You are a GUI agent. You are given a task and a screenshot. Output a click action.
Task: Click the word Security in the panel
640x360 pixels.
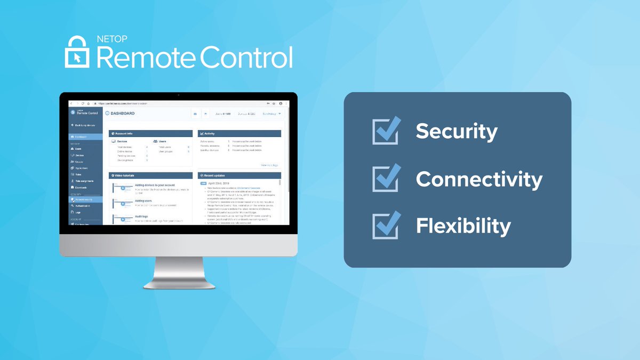click(x=457, y=131)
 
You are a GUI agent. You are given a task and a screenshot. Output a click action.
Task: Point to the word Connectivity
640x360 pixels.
click(x=479, y=179)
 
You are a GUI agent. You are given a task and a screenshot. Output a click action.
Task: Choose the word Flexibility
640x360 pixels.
click(x=463, y=226)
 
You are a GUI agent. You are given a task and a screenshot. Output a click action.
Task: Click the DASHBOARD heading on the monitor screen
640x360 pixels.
click(x=122, y=114)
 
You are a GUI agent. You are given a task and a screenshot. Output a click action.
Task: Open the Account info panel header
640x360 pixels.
click(x=124, y=133)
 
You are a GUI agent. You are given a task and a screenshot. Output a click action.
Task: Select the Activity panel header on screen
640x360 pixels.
click(x=209, y=133)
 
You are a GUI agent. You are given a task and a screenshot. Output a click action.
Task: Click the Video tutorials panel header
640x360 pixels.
click(x=125, y=175)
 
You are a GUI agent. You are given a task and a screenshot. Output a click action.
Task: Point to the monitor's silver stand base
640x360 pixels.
click(x=178, y=283)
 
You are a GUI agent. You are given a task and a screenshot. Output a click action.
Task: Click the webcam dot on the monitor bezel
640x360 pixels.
click(x=178, y=95)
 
